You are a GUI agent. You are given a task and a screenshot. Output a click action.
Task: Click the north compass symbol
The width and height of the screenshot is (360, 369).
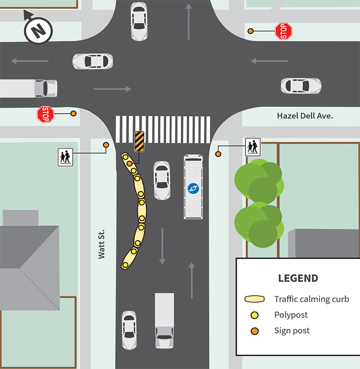click(38, 30)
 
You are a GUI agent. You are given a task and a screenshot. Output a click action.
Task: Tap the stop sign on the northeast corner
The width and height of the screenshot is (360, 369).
click(283, 31)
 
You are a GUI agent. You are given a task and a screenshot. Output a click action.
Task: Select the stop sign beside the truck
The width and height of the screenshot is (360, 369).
click(45, 114)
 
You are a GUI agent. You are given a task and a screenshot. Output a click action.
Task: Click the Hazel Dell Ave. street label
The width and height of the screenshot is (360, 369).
click(305, 116)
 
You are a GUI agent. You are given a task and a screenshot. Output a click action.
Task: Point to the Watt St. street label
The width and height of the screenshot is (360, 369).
click(102, 244)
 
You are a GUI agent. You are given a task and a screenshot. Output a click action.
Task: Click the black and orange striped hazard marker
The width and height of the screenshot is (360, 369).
click(139, 142)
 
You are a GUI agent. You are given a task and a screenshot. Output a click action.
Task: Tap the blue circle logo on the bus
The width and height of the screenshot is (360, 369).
click(193, 189)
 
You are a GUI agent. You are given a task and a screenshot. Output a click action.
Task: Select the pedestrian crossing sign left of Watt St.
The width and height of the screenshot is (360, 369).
click(65, 157)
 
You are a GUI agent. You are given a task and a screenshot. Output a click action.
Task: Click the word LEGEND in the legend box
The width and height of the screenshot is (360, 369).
click(298, 279)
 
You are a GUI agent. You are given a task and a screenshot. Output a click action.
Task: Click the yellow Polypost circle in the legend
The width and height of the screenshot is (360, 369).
click(254, 315)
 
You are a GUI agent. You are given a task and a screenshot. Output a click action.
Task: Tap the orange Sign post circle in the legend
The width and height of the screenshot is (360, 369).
click(254, 331)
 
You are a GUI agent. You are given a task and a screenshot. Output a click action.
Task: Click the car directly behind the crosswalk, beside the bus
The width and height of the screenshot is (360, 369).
click(162, 180)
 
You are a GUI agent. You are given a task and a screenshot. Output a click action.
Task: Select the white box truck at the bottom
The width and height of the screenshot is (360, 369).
click(164, 320)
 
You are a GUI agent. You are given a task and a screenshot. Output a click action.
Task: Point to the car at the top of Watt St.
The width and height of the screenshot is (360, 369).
click(139, 21)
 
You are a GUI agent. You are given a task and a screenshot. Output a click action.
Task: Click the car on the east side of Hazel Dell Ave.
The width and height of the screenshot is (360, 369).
click(301, 86)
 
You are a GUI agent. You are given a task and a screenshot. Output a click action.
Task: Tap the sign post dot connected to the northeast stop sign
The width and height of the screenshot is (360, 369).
click(251, 31)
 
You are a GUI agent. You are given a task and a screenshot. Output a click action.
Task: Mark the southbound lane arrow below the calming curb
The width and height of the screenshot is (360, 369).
click(162, 246)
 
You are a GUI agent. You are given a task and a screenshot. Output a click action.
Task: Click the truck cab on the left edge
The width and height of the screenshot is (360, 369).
click(46, 88)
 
